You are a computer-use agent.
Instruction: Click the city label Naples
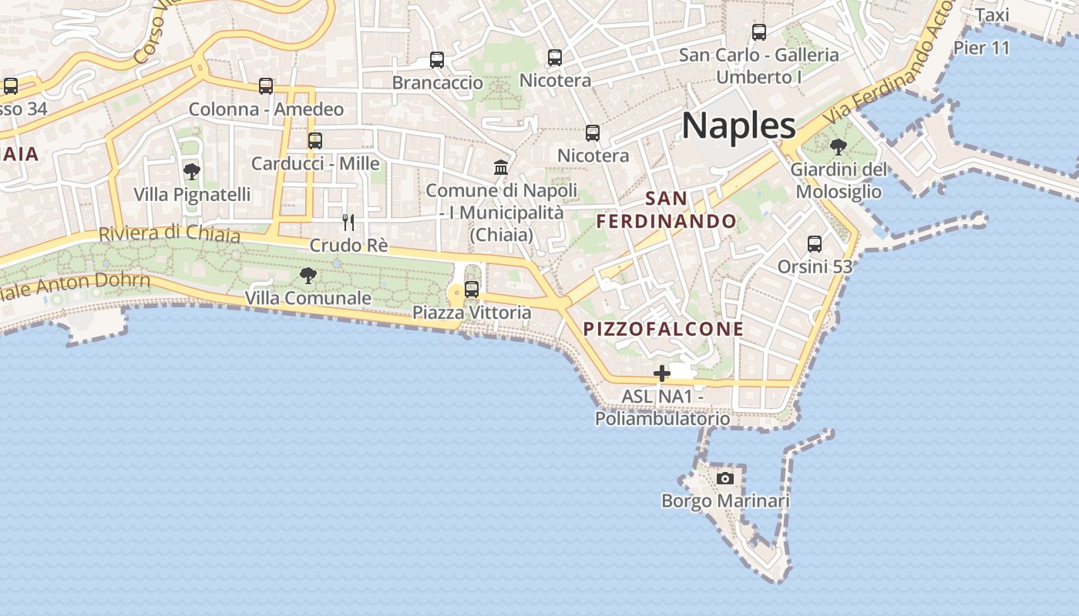click(x=738, y=126)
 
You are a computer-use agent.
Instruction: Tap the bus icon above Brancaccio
click(x=437, y=60)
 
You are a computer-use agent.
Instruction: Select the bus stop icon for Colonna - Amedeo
click(x=266, y=86)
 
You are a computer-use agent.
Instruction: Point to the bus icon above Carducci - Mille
click(x=315, y=141)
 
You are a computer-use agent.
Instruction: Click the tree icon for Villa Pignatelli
click(x=192, y=172)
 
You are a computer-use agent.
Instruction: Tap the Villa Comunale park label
click(x=308, y=297)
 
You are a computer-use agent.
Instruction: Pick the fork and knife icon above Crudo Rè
click(x=348, y=223)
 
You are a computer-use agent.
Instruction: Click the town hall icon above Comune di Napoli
click(x=501, y=167)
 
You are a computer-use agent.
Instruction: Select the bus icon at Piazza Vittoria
click(x=472, y=290)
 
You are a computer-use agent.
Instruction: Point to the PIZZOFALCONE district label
click(x=664, y=329)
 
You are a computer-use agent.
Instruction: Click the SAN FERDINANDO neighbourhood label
click(x=667, y=210)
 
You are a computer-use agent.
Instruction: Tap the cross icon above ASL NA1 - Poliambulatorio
click(x=661, y=373)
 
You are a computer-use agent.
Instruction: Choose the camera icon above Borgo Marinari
click(x=724, y=478)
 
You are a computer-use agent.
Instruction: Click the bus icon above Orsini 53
click(x=815, y=244)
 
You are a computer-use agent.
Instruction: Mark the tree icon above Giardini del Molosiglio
click(x=839, y=146)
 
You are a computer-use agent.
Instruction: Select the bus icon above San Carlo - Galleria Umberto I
click(x=759, y=32)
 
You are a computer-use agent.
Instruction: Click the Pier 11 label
click(x=981, y=48)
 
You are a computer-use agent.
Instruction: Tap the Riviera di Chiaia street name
click(x=170, y=233)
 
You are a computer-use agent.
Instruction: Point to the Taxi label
click(x=992, y=15)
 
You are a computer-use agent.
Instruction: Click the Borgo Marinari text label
click(x=725, y=501)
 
